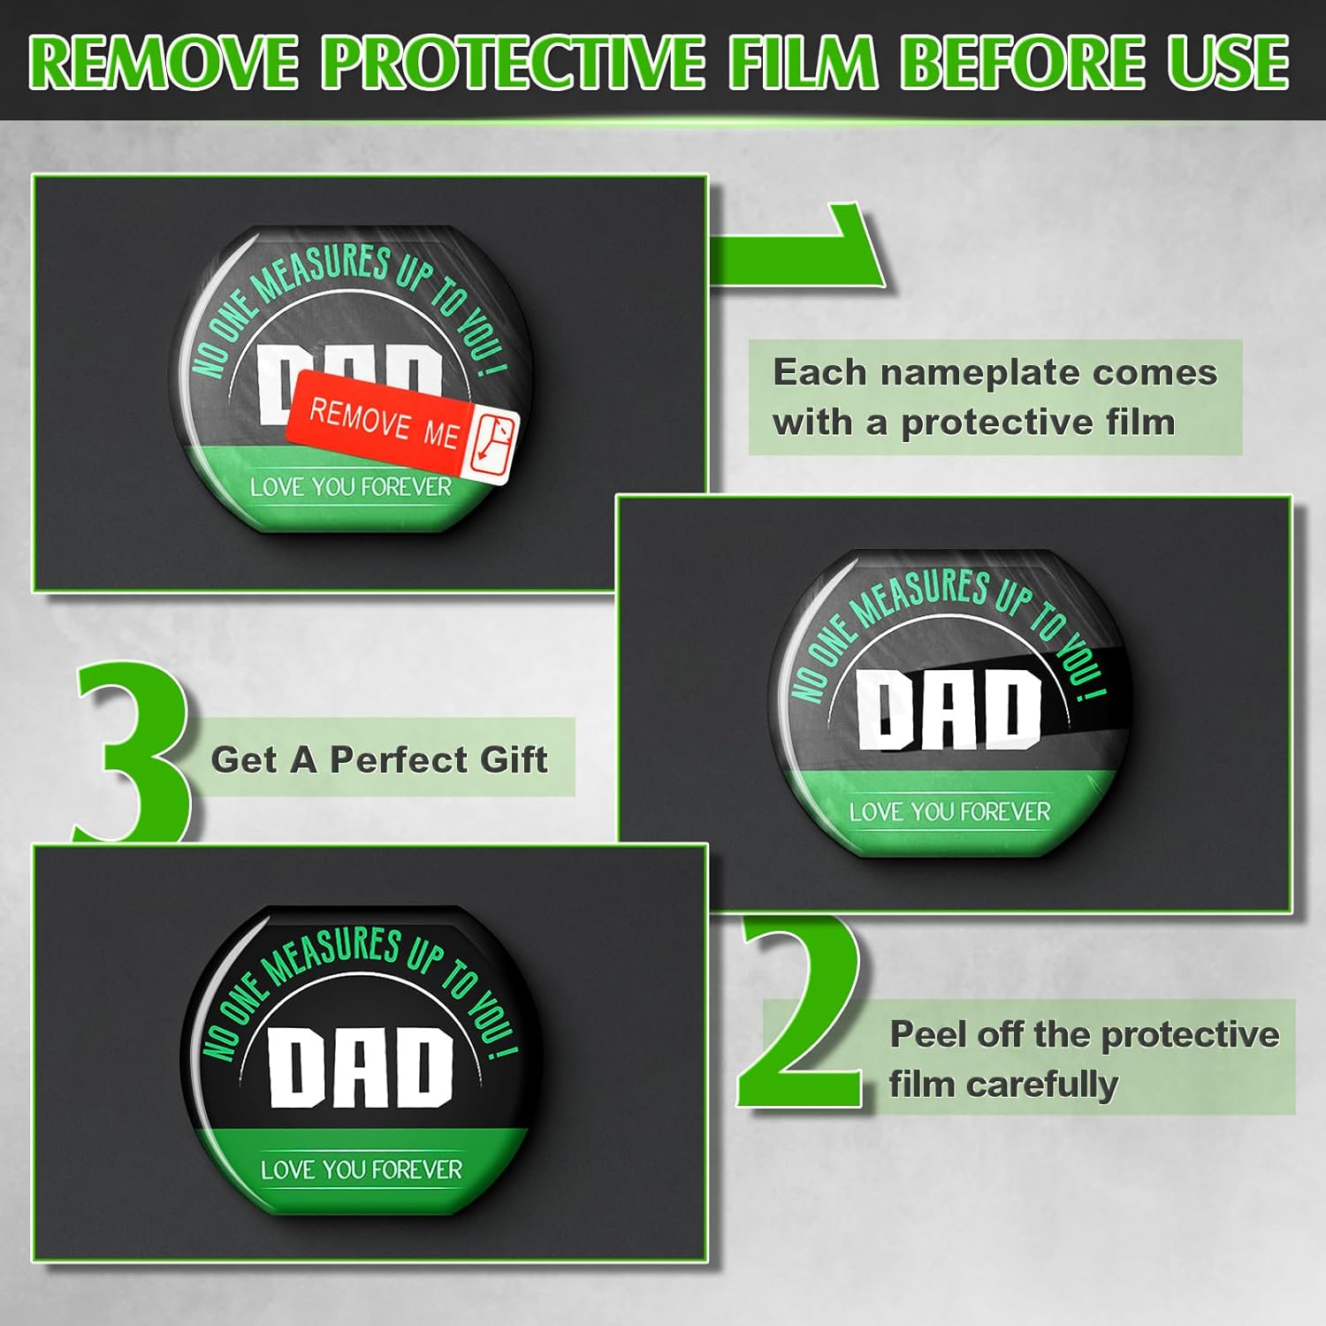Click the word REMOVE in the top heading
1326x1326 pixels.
(x=164, y=62)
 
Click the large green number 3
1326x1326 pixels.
(x=133, y=751)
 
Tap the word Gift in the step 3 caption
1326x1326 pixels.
(x=514, y=760)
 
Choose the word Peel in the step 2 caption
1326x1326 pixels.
(x=926, y=1034)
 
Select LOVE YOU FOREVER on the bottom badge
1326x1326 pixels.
(x=361, y=1170)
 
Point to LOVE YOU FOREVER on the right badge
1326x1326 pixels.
(x=949, y=812)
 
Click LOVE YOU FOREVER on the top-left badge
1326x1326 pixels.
(x=350, y=487)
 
